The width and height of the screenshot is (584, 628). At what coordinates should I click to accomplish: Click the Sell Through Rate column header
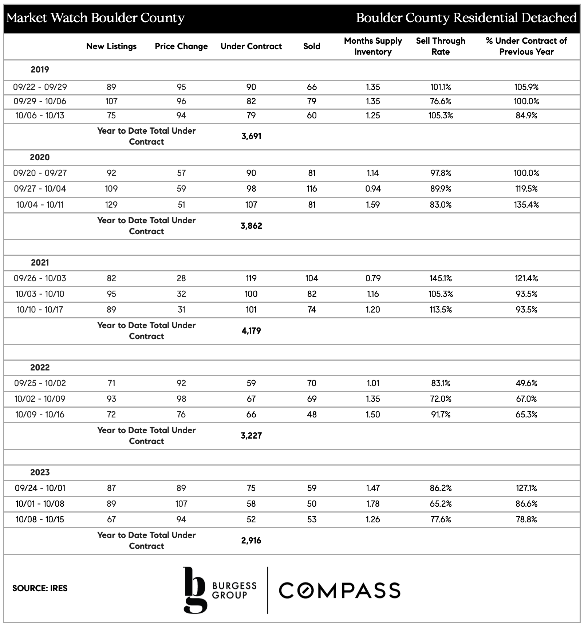[441, 46]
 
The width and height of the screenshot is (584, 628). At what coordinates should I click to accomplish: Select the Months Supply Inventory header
[373, 46]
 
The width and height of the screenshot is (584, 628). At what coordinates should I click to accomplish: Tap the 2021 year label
[40, 263]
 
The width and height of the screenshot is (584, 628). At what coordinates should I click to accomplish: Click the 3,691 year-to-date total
[251, 136]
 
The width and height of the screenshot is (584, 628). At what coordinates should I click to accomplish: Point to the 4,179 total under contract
[251, 331]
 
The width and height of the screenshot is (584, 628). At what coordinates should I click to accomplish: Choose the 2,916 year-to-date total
[251, 541]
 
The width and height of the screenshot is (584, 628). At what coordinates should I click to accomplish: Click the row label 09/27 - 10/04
[40, 189]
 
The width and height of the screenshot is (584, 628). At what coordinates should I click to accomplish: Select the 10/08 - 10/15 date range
[40, 519]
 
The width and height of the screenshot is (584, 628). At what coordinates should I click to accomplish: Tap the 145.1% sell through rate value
[441, 278]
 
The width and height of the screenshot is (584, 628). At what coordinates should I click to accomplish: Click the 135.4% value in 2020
[526, 205]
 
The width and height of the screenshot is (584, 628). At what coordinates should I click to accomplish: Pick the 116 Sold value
[312, 189]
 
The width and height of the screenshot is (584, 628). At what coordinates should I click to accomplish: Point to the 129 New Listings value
[111, 205]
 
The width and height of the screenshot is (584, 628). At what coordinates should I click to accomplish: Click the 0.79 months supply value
[373, 278]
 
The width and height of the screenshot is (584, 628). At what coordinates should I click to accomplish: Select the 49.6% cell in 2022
[526, 383]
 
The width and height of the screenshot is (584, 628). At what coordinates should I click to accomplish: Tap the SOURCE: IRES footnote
[40, 588]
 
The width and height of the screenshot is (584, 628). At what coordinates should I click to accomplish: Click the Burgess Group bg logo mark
[195, 589]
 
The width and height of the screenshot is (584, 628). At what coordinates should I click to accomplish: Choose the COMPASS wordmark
[340, 590]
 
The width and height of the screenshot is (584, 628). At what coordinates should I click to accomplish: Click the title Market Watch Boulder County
[96, 18]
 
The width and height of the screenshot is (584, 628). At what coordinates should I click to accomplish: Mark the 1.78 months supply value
[373, 504]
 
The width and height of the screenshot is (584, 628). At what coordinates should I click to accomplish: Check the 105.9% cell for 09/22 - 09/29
[526, 87]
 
